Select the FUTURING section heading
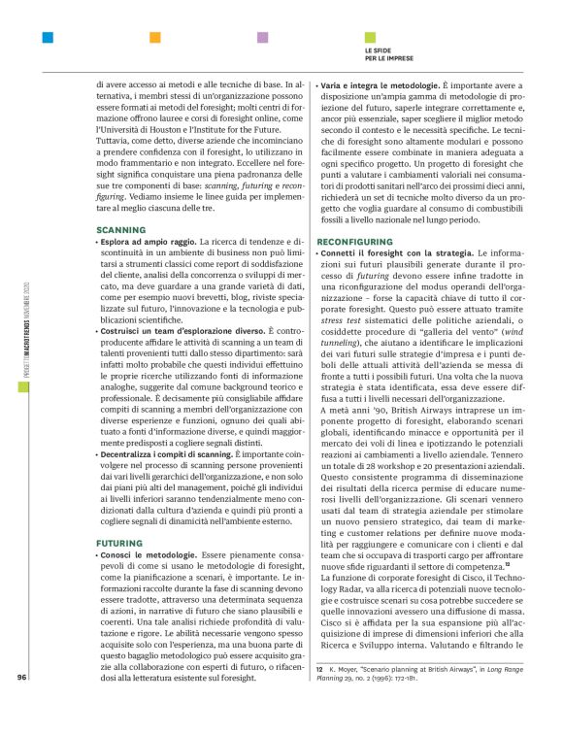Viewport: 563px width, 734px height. point(118,516)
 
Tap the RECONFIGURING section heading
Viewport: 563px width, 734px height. point(351,211)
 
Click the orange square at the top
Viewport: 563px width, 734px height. point(154,39)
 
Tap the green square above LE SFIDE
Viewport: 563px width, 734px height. point(370,39)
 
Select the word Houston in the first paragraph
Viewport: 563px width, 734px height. point(199,130)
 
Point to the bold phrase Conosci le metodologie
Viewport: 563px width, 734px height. point(147,528)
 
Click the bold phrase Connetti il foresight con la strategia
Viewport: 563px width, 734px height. point(390,224)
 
